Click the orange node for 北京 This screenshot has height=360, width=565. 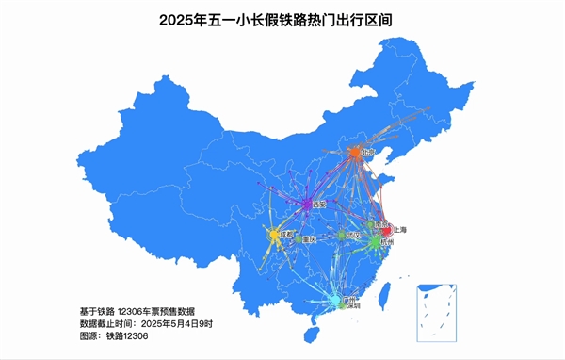tap(354, 152)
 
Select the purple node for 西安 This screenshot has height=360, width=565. tap(308, 204)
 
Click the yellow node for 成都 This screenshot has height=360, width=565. tap(275, 234)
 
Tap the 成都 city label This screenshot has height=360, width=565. tap(287, 234)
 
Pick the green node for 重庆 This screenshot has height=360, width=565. tap(299, 239)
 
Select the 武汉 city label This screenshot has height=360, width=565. tap(352, 235)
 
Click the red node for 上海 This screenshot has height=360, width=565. tap(387, 230)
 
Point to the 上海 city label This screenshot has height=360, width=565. tap(400, 230)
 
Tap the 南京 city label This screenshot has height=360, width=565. tap(380, 224)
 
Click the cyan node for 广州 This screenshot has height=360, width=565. tap(336, 301)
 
